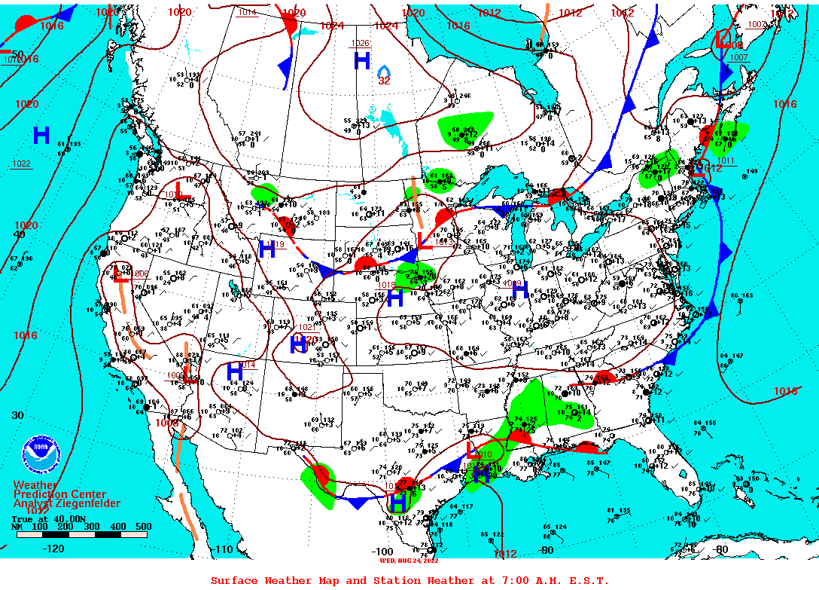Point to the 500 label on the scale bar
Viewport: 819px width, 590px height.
(x=143, y=527)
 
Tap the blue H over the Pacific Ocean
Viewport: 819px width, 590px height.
(x=41, y=136)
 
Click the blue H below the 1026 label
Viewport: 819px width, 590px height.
(x=362, y=61)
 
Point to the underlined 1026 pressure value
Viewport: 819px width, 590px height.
(x=360, y=43)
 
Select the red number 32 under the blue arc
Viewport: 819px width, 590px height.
(x=384, y=81)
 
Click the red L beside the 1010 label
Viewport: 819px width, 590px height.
(x=471, y=450)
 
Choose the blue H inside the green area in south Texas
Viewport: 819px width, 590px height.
(x=398, y=501)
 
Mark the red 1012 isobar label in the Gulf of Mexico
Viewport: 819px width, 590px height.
(x=504, y=554)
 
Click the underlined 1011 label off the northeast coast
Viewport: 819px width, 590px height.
(x=725, y=160)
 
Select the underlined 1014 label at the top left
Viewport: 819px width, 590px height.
(x=247, y=12)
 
